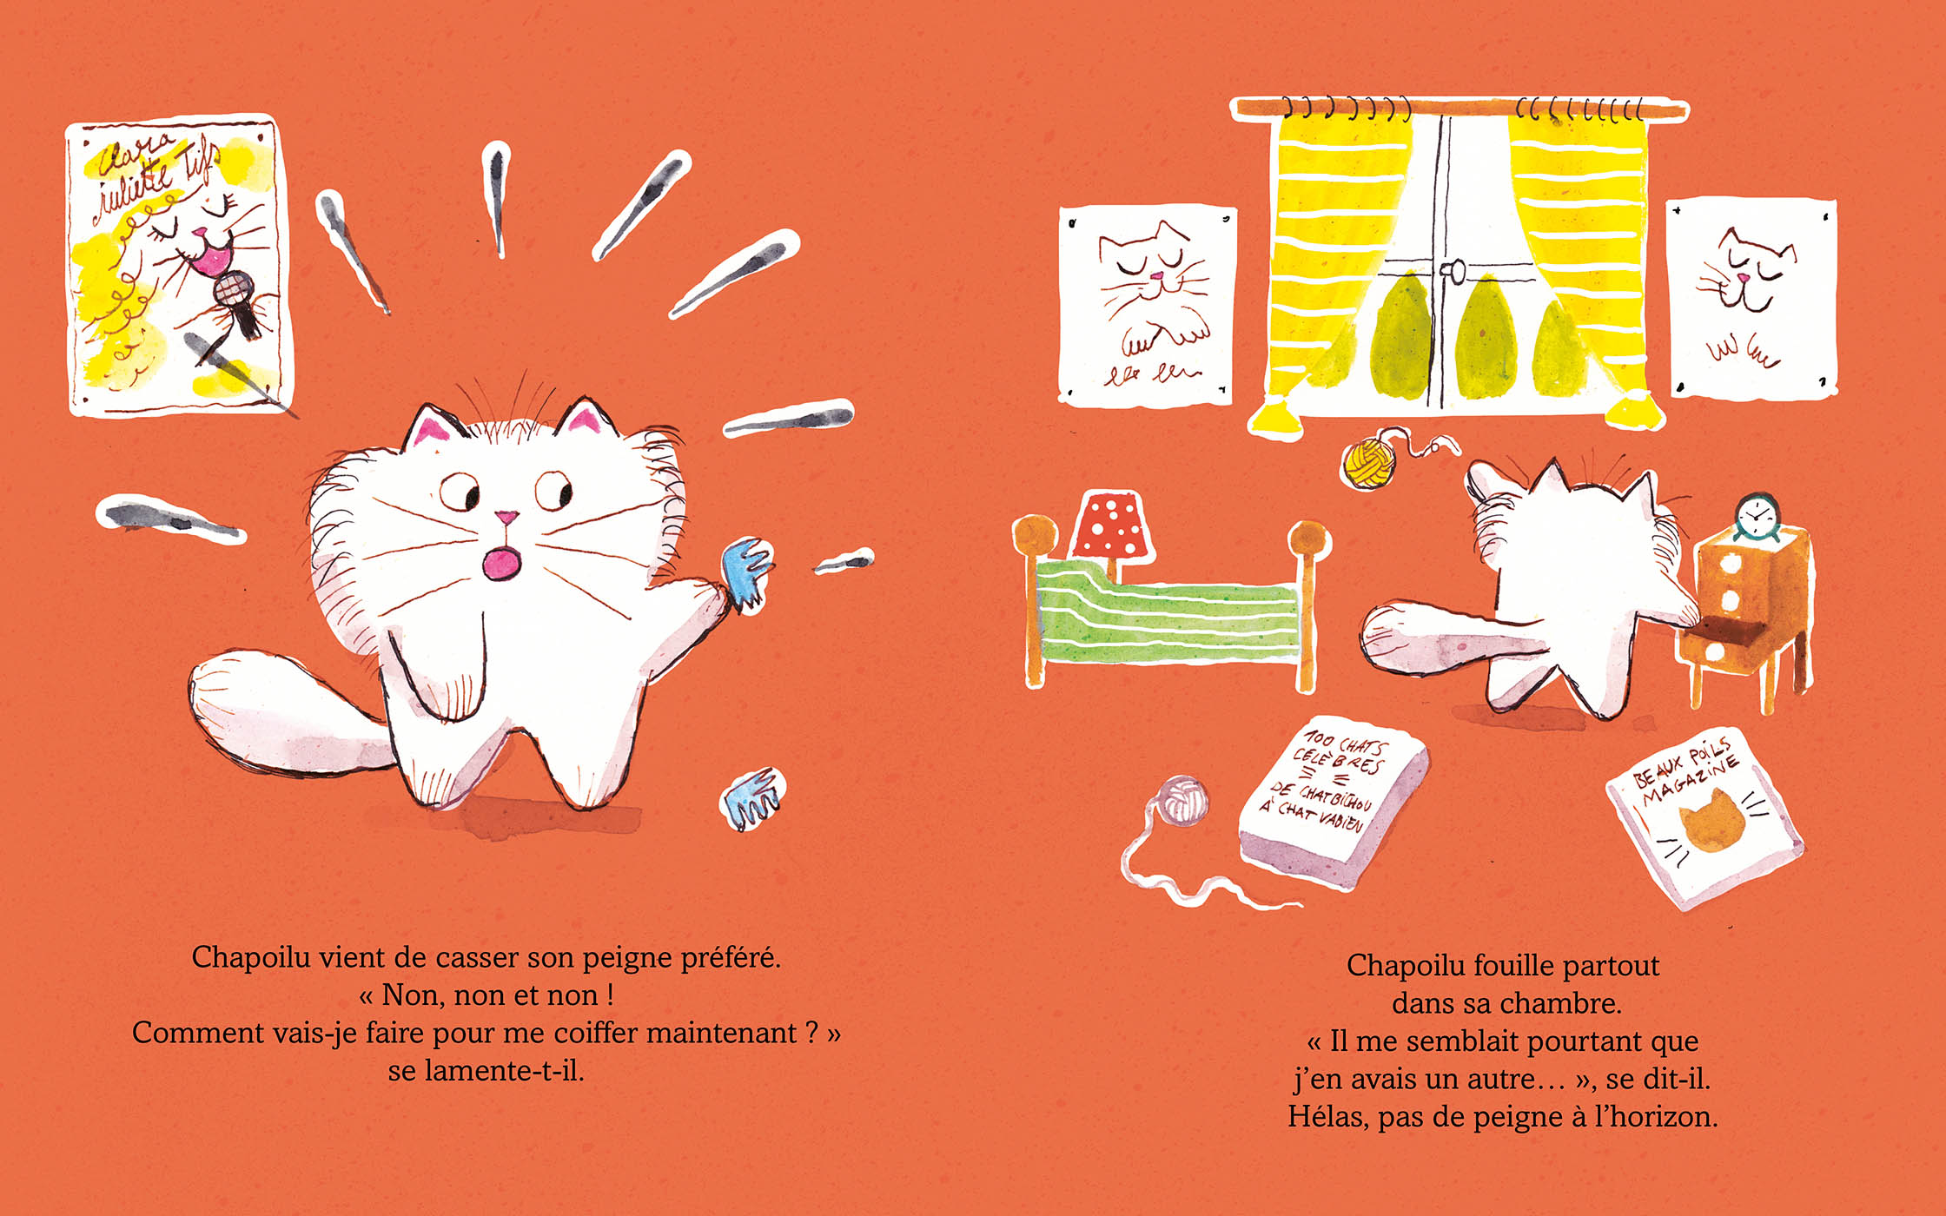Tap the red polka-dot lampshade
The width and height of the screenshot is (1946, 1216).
(1113, 525)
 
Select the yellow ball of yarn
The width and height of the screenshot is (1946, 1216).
(1368, 462)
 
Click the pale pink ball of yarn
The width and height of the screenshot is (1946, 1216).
(1183, 800)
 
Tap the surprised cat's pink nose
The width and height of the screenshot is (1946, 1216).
(506, 518)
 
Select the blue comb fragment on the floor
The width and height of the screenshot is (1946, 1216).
(752, 797)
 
